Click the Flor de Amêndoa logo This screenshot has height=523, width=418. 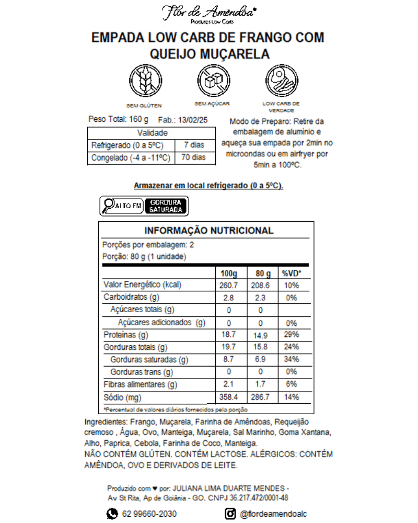pos(208,13)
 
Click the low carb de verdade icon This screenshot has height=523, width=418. pos(281,81)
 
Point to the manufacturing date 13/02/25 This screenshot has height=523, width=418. pos(193,120)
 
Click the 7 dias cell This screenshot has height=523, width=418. pos(194,145)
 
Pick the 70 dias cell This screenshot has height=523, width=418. pos(194,157)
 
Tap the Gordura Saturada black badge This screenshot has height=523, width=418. pos(166,206)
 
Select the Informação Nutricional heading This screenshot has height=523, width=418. pos(208,231)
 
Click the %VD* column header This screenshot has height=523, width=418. pos(292,274)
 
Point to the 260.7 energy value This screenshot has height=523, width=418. pos(228,286)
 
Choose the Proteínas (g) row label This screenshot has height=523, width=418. pos(126,335)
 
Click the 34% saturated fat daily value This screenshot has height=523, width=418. pos(291,360)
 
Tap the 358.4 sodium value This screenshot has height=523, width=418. pos(228,397)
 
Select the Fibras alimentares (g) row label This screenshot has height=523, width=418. pos(141,385)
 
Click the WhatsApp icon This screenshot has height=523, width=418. pos(112,514)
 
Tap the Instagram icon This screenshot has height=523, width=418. pos(230,514)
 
